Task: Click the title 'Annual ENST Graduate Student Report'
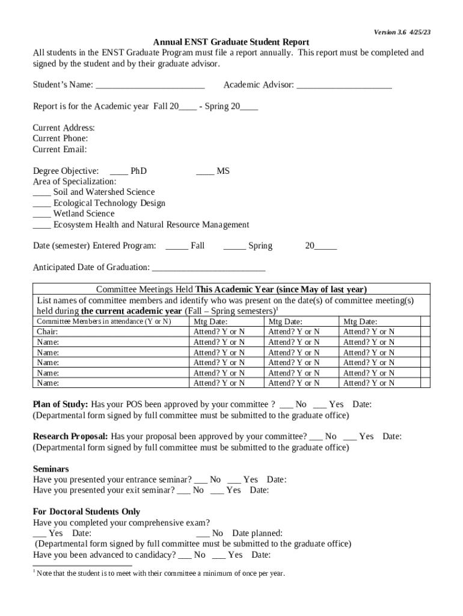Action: click(231, 42)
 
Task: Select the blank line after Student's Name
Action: click(150, 85)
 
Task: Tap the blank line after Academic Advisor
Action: click(344, 85)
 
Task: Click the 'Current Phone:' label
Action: click(60, 138)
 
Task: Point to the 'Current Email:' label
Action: click(60, 149)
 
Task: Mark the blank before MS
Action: click(205, 171)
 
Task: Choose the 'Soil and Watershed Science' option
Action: click(103, 192)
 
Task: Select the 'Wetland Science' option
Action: click(84, 214)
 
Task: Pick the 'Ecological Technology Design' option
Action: click(109, 203)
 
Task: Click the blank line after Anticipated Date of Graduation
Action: click(209, 267)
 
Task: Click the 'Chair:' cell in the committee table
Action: click(48, 331)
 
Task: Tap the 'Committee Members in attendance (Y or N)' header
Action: click(104, 322)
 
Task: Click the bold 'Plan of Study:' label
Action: click(60, 404)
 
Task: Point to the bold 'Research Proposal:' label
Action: click(70, 436)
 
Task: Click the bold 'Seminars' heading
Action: click(51, 469)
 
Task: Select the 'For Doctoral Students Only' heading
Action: click(86, 512)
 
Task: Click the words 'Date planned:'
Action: click(257, 533)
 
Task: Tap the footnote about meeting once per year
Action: click(160, 573)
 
